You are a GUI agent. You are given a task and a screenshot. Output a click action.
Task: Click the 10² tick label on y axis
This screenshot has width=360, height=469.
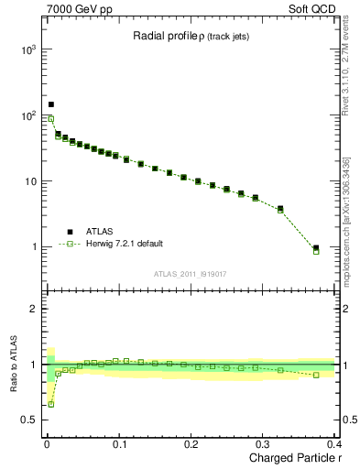tap(27, 115)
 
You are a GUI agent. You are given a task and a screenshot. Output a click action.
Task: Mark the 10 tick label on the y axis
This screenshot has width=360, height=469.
tap(29, 181)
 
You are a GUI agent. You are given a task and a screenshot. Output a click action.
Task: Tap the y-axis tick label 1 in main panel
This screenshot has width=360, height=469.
tap(33, 247)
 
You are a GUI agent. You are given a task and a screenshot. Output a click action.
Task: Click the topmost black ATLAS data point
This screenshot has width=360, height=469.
tap(51, 104)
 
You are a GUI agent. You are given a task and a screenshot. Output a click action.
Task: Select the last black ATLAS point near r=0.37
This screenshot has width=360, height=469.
tap(316, 247)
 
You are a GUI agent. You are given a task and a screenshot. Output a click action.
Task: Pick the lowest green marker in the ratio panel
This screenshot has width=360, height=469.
tap(51, 404)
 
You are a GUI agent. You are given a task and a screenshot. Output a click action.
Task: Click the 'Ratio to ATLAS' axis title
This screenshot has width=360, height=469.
tap(13, 365)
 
